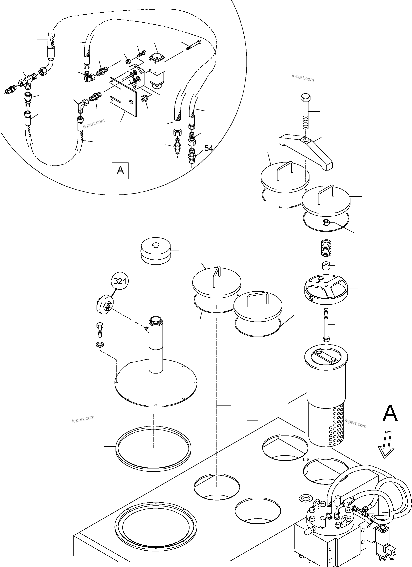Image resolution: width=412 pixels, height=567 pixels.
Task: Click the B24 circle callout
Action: pyautogui.click(x=120, y=281)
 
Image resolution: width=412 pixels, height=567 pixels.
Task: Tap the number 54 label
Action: pyautogui.click(x=208, y=148)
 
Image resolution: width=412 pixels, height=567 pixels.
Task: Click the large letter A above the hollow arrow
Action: pyautogui.click(x=390, y=414)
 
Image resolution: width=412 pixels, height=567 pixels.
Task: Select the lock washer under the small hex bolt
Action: pyautogui.click(x=101, y=345)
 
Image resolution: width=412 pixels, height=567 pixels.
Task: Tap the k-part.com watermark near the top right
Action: pyautogui.click(x=302, y=78)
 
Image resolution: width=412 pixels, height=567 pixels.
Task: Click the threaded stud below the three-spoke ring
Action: pyautogui.click(x=326, y=325)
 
